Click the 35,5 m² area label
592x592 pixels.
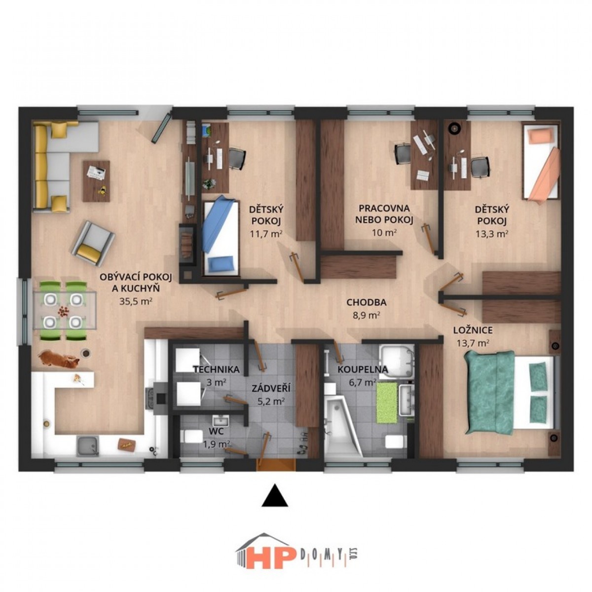pyautogui.click(x=136, y=301)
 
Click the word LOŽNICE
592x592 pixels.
pyautogui.click(x=473, y=330)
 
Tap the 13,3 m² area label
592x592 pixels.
pyautogui.click(x=491, y=234)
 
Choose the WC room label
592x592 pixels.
pyautogui.click(x=216, y=431)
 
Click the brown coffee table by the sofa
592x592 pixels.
pyautogui.click(x=96, y=181)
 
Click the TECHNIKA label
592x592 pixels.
pyautogui.click(x=216, y=370)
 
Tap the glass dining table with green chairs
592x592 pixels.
pyautogui.click(x=65, y=311)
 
